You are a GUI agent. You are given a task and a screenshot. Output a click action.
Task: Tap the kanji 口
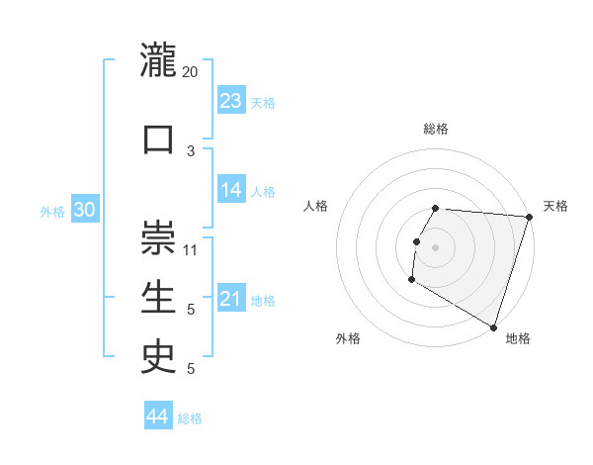[x=158, y=138]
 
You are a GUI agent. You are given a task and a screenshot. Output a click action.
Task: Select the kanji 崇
[x=158, y=236]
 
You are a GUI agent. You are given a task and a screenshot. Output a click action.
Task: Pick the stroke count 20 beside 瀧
[x=191, y=72]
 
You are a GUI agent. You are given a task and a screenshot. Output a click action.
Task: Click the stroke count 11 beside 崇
[x=191, y=249]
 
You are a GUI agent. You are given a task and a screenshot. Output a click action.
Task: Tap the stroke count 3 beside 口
[x=191, y=150]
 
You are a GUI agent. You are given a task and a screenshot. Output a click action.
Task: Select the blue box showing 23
[x=231, y=101]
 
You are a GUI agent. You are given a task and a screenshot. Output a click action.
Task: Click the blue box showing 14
[x=231, y=190]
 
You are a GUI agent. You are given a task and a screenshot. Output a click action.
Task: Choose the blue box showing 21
[x=231, y=299]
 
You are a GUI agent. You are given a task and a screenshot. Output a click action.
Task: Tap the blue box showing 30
[x=84, y=210]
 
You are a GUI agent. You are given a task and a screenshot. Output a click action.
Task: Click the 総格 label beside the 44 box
[x=190, y=418]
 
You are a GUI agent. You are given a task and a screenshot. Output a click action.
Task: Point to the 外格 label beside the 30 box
[x=52, y=212]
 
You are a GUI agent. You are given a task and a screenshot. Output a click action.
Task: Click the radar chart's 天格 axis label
[x=555, y=206]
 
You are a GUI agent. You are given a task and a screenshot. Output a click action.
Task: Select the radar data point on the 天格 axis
[x=529, y=218]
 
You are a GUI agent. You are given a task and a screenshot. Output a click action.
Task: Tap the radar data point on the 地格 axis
[x=493, y=326]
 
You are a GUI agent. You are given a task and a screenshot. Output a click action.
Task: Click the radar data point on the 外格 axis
[x=410, y=280]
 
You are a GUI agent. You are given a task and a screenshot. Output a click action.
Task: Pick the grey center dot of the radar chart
[x=435, y=247]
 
